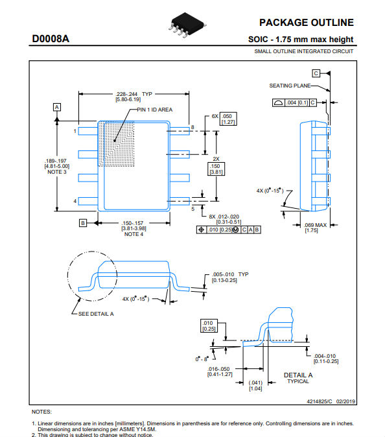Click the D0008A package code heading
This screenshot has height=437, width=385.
tap(51, 39)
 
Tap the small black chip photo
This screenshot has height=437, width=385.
tap(187, 25)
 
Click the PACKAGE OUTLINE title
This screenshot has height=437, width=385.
tap(307, 23)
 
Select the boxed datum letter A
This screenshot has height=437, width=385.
tap(57, 107)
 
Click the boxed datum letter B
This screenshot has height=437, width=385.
tap(83, 223)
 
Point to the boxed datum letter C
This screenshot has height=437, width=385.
tap(316, 73)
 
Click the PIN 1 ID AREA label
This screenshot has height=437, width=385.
tap(155, 110)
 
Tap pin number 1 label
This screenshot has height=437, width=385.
tap(75, 131)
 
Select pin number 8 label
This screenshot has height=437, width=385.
tap(192, 127)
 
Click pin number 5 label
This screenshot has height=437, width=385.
tap(192, 209)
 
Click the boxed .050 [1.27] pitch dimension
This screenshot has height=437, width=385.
tap(228, 119)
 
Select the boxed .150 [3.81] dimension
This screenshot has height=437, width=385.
tap(216, 169)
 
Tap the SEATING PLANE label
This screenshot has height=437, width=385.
tap(290, 86)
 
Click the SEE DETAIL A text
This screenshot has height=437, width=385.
tap(96, 314)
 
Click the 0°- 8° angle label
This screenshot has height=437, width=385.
tap(202, 359)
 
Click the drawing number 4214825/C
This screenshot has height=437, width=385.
tap(320, 401)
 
